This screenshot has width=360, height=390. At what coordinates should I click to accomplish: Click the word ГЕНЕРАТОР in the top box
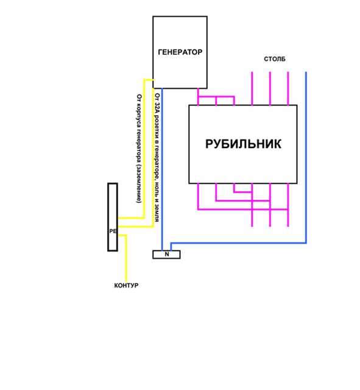pos(180,52)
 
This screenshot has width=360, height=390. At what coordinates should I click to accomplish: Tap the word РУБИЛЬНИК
pos(243,144)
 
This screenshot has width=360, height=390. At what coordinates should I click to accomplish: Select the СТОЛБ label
pos(275,59)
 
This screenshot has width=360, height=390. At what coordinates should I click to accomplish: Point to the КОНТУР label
pos(126,285)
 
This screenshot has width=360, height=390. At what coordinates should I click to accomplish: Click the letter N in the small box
pos(167,254)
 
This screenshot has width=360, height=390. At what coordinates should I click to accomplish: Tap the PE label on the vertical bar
pos(113,231)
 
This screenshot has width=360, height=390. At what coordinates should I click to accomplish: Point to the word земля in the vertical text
pos(157,213)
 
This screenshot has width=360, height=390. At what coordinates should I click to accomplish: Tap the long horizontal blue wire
pos(238,243)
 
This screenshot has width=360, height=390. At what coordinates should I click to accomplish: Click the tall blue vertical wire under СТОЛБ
pos(306,157)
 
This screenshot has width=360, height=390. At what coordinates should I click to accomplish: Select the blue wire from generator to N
pos(162,169)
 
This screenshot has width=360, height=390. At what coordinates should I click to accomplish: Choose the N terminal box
pos(166,255)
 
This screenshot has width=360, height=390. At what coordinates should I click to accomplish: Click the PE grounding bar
pos(113,217)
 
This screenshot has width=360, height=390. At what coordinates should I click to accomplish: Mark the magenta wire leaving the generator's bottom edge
pos(198,97)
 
